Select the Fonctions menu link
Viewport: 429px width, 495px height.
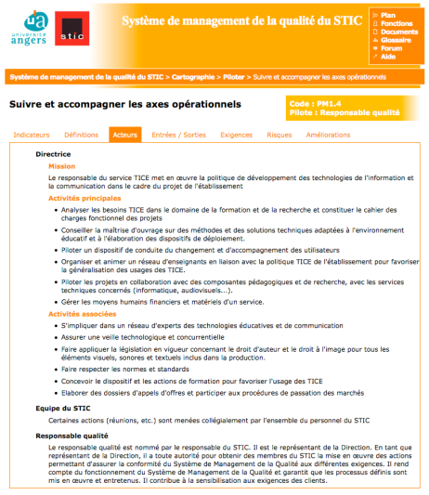(x=396, y=23)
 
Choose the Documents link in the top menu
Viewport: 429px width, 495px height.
(x=397, y=32)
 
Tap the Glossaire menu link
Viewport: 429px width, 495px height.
(x=396, y=40)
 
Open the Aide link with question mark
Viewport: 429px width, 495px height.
(x=388, y=57)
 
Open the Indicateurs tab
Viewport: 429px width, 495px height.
(x=32, y=135)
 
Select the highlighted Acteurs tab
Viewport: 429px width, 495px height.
(x=124, y=135)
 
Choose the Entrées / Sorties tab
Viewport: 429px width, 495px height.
(x=178, y=135)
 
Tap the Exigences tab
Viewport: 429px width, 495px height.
(x=236, y=135)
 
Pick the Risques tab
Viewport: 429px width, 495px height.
(x=279, y=135)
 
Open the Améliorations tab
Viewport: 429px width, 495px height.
(x=328, y=135)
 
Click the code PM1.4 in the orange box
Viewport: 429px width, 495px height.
(x=324, y=103)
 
